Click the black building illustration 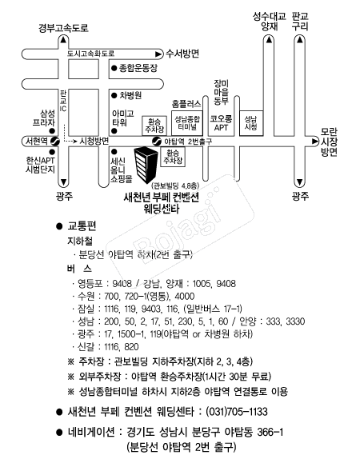[146, 165]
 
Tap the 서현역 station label [36, 142]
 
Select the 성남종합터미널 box [187, 123]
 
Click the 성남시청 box [251, 123]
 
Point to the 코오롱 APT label [221, 123]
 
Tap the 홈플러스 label [186, 104]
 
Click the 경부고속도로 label [63, 28]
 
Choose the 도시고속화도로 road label [90, 54]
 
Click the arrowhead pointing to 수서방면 [158, 54]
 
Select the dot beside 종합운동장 [114, 69]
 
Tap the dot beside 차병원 [114, 96]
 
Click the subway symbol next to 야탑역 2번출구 [156, 142]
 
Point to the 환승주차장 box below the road [173, 157]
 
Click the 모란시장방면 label [329, 142]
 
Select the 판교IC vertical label [63, 101]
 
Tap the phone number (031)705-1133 [237, 412]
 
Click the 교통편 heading [82, 226]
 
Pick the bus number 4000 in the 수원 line [185, 296]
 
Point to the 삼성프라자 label [44, 118]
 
